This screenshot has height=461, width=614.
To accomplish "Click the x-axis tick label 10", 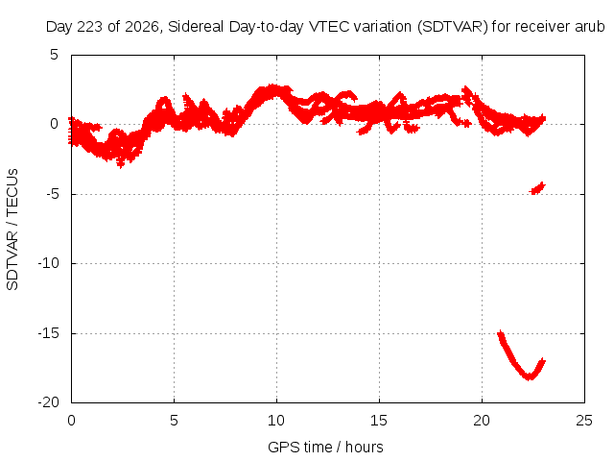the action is pos(276,421).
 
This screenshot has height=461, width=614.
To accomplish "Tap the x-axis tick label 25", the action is pos(584,421).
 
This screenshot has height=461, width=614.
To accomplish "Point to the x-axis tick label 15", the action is pos(379,421).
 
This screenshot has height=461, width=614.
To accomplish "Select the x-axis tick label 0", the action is pos(71,421).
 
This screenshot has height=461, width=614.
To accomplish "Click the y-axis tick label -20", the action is pos(49,402).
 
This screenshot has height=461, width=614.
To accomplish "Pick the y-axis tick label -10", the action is pos(49,263).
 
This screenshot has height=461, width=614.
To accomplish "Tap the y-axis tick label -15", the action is pos(49,333).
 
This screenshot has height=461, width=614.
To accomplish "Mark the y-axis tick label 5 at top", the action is pos(54,55).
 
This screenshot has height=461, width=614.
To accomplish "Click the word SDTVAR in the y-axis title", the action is pos(12,260).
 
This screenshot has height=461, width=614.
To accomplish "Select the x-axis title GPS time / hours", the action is pos(325,447).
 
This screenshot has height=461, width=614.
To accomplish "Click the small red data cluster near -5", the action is pos(537,188).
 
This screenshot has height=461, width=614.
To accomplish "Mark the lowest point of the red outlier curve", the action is pos(529,377).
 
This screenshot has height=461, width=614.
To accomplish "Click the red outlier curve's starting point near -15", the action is pos(500,334).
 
